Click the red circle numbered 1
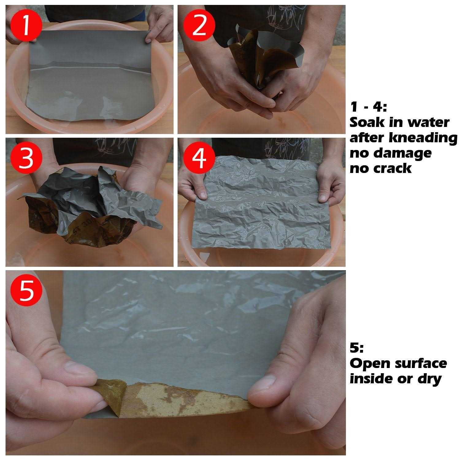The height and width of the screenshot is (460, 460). point(26,26)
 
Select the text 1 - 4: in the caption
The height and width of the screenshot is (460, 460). point(369,107)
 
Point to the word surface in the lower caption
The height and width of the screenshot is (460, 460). point(423,363)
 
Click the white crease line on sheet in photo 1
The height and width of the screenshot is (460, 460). point(92,68)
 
